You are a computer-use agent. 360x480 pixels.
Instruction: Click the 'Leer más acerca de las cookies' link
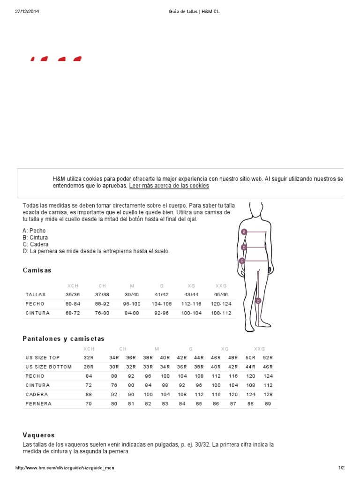coord(169,186)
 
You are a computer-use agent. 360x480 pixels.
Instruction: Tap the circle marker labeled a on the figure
coord(244,232)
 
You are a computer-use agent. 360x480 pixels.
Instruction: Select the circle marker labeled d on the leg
coord(258,300)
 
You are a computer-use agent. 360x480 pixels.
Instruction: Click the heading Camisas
coord(37,270)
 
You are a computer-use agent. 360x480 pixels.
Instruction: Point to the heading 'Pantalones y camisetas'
coord(64,338)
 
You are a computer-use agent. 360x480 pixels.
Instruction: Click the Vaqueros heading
coord(39,435)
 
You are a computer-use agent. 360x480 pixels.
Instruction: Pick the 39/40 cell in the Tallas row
coord(132,294)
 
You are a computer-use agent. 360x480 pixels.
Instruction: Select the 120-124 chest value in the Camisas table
coord(221,304)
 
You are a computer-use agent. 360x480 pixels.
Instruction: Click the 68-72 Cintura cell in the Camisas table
coord(73,313)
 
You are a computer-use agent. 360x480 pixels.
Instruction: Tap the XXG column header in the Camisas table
coord(221,285)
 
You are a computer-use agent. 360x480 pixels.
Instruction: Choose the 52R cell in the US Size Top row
coord(268,358)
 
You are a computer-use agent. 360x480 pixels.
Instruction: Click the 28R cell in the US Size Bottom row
coord(89,367)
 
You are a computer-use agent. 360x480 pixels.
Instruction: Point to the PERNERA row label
coord(38,404)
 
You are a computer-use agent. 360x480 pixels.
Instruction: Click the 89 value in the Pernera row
coord(268,404)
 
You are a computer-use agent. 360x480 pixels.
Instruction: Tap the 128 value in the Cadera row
coord(268,394)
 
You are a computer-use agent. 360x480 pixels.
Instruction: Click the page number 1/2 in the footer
coord(341,468)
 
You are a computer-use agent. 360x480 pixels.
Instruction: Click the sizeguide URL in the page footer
coord(65,468)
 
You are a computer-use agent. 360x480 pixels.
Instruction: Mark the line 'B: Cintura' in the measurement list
coord(35,238)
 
